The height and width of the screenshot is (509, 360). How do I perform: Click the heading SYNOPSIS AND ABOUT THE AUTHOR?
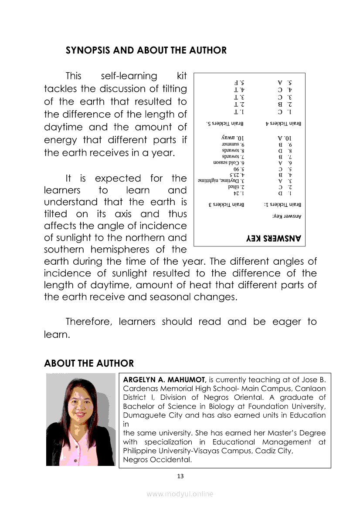click(146, 50)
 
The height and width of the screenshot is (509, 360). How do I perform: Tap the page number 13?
click(180, 476)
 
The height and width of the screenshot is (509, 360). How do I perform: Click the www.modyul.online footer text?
click(180, 494)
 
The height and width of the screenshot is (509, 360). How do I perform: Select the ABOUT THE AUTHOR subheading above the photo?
click(89, 363)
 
